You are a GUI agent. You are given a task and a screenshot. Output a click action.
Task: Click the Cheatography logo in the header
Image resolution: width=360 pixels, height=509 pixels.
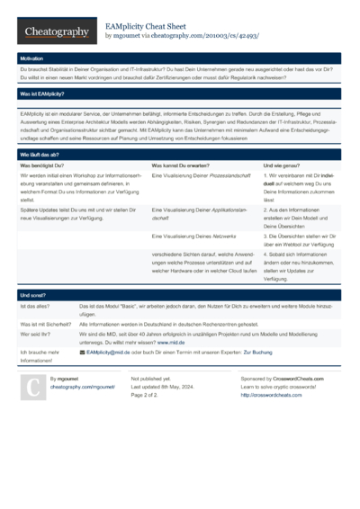tap(56, 32)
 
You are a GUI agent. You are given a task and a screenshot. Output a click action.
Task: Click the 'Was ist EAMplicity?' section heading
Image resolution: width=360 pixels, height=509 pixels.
tap(41, 94)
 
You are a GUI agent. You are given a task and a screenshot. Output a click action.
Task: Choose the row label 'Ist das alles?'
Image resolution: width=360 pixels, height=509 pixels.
tap(37, 307)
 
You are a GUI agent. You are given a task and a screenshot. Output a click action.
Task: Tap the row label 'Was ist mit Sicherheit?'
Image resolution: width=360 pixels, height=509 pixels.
tap(47, 324)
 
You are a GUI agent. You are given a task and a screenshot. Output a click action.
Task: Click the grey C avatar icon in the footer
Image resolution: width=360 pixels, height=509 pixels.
tap(32, 387)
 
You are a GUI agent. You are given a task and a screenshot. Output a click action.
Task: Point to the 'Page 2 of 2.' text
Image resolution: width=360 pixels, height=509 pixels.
tap(145, 395)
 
